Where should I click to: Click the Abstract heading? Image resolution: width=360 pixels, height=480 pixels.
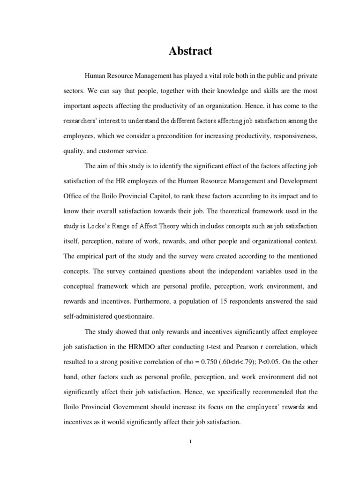[x=191, y=51]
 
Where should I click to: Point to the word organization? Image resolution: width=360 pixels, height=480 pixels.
[x=229, y=105]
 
